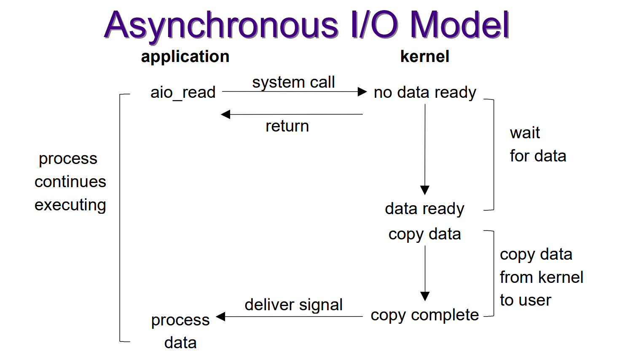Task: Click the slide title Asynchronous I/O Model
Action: point(307,25)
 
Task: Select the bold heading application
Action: point(185,57)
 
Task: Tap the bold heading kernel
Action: point(425,56)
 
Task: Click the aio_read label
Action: point(183,93)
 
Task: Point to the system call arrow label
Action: point(293,82)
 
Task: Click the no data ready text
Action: point(425,93)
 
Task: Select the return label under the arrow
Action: point(287,126)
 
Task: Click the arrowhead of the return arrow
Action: point(225,114)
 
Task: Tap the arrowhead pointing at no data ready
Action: point(362,91)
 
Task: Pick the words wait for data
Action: point(538,145)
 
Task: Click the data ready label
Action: point(424,209)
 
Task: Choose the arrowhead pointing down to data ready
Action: point(425,190)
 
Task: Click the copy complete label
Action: point(425,315)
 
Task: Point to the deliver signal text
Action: point(294,305)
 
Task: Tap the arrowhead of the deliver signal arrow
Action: point(220,317)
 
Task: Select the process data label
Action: point(180,331)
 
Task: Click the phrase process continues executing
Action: point(70,182)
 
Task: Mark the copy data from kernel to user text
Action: point(542,277)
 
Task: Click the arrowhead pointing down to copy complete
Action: point(425,296)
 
